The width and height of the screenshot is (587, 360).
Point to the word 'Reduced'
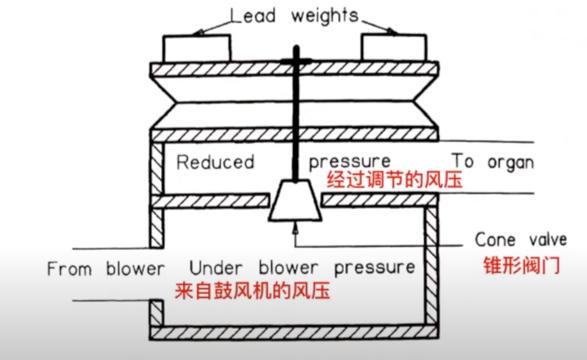[x=215, y=162]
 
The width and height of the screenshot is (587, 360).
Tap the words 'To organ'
[x=493, y=162]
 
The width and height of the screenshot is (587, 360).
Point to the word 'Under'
[x=216, y=268]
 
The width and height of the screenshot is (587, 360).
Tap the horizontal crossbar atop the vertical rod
[x=296, y=63]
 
